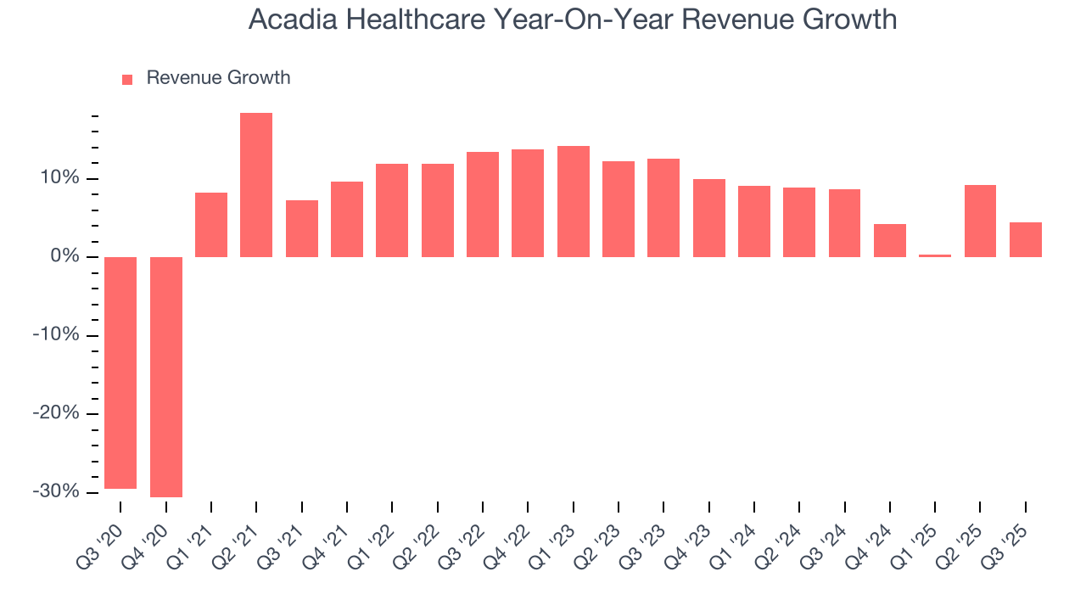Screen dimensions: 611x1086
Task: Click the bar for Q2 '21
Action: pyautogui.click(x=256, y=185)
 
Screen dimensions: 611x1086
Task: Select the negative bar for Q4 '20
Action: pyautogui.click(x=165, y=377)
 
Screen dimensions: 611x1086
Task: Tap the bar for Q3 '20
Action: pyautogui.click(x=120, y=373)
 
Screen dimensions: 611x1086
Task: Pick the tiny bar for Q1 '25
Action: pyautogui.click(x=935, y=255)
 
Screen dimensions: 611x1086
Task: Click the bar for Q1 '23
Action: pyautogui.click(x=574, y=201)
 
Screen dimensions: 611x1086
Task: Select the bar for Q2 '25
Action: pyautogui.click(x=980, y=221)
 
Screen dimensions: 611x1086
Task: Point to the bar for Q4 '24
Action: pyautogui.click(x=890, y=240)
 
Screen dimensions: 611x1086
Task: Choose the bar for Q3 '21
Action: pyautogui.click(x=302, y=228)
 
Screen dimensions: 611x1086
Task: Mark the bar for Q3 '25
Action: pyautogui.click(x=1026, y=239)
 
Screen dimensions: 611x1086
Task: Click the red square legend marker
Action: pyautogui.click(x=127, y=80)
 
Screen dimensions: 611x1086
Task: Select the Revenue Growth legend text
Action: pyautogui.click(x=218, y=78)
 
